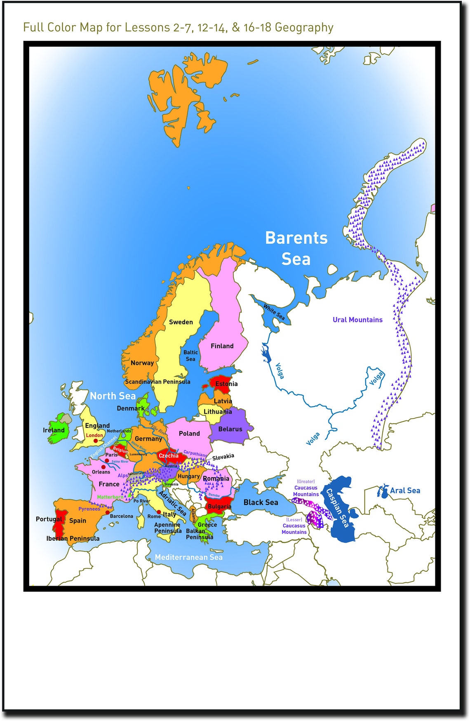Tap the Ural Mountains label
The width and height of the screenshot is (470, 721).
pyautogui.click(x=357, y=320)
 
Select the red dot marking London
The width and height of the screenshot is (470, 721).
pyautogui.click(x=96, y=441)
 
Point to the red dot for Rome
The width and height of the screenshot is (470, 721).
pyautogui.click(x=159, y=512)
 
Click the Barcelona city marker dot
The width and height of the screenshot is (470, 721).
pyautogui.click(x=108, y=513)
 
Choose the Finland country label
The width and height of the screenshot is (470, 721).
pyautogui.click(x=222, y=346)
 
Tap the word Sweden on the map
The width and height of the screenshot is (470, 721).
pyautogui.click(x=181, y=322)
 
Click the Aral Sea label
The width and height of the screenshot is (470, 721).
pyautogui.click(x=405, y=490)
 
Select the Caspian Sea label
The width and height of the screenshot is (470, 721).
pyautogui.click(x=338, y=508)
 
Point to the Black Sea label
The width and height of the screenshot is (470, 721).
pyautogui.click(x=261, y=502)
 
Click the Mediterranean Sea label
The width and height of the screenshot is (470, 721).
pyautogui.click(x=188, y=557)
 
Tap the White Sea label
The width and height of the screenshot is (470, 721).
pyautogui.click(x=274, y=312)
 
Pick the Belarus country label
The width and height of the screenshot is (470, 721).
pyautogui.click(x=230, y=429)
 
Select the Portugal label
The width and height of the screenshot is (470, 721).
pyautogui.click(x=49, y=519)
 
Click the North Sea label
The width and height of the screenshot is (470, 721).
pyautogui.click(x=113, y=396)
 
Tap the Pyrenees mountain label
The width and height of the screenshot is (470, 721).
pyautogui.click(x=89, y=509)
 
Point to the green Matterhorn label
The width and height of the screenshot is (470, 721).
pyautogui.click(x=110, y=497)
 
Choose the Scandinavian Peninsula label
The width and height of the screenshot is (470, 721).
pyautogui.click(x=157, y=382)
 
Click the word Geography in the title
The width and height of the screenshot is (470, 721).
pyautogui.click(x=304, y=28)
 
